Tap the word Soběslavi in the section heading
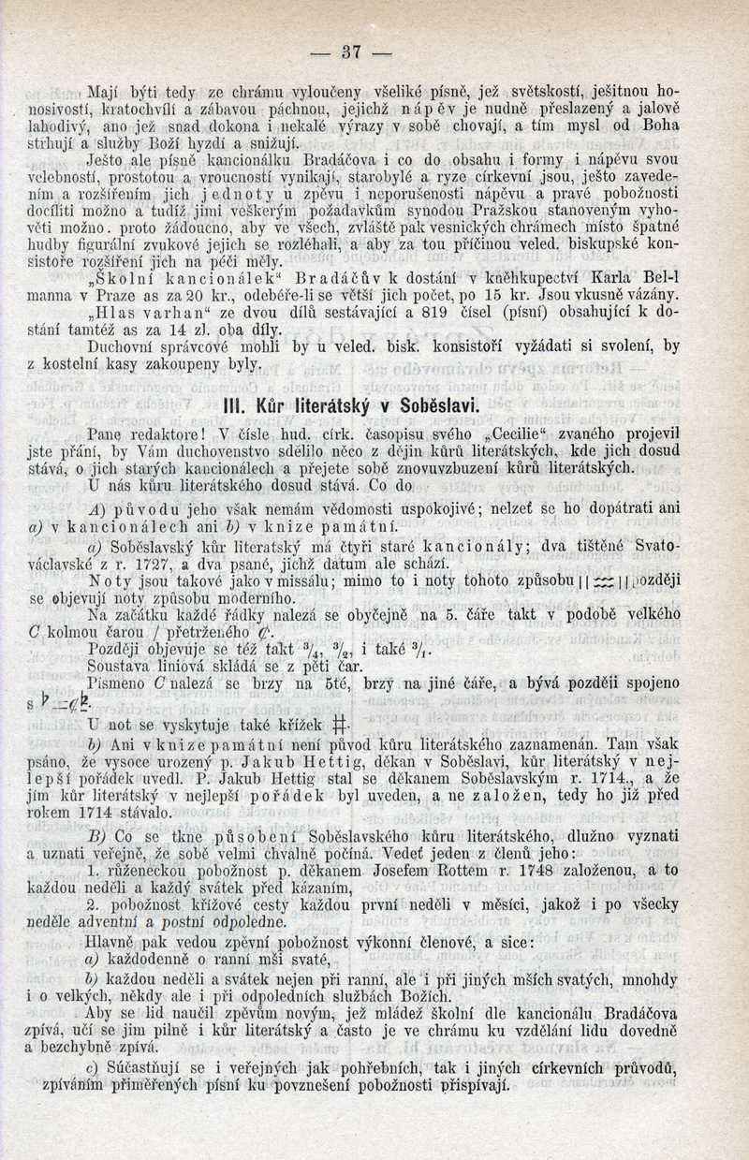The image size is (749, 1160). [x=430, y=405]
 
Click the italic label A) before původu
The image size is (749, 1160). [x=95, y=509]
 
